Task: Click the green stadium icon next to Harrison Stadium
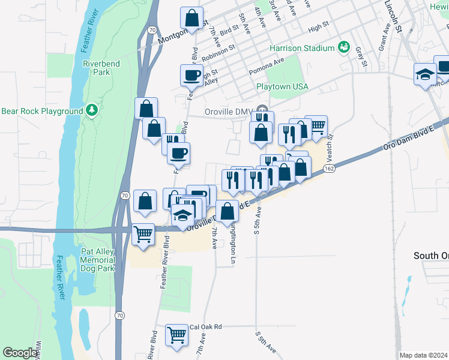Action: (x=344, y=47)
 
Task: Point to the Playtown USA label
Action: (x=282, y=86)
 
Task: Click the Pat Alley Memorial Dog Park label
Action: (x=98, y=260)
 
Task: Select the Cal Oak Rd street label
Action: (x=205, y=326)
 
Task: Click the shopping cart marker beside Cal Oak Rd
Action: (x=176, y=335)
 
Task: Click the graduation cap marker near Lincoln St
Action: (x=425, y=74)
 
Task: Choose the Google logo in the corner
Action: (x=20, y=353)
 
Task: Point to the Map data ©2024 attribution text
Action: (x=423, y=355)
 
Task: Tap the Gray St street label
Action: (x=361, y=56)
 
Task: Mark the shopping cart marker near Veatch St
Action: (x=316, y=126)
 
